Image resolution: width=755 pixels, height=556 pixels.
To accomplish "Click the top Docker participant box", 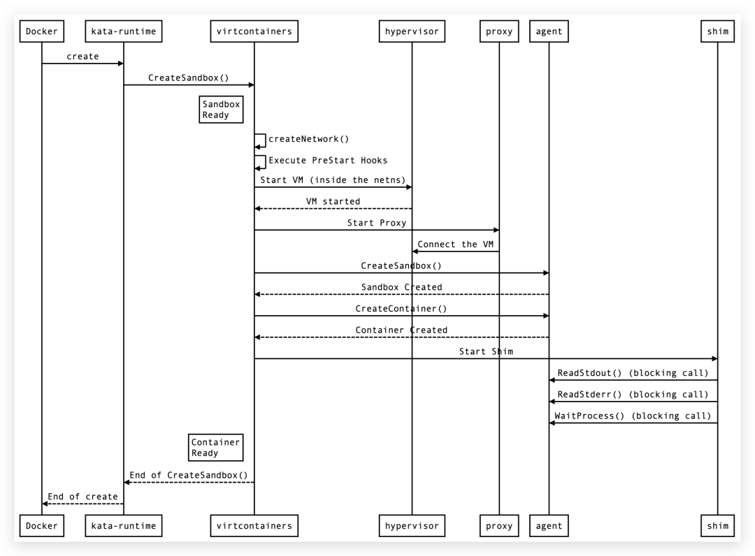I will coord(41,31).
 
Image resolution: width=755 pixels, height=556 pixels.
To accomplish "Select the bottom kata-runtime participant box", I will coord(124,525).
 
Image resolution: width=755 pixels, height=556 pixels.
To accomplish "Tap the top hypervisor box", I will coord(412,31).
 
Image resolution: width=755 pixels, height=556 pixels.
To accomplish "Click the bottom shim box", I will coord(717,525).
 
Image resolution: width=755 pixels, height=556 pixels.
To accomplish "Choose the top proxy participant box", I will coord(499,31).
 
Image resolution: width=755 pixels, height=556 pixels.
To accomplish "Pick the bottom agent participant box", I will coord(549,525).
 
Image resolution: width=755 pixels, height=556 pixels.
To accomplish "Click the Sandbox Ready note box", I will coord(221,110).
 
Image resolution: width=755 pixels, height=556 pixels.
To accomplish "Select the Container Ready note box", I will coord(215,447).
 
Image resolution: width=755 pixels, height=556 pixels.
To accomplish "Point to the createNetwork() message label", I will coord(308,139).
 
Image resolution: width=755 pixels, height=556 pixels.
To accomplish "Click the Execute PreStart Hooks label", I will coord(328,160).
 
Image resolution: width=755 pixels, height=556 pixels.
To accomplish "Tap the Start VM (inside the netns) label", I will coord(333,180).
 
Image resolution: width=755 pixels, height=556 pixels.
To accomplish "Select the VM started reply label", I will coord(333,201).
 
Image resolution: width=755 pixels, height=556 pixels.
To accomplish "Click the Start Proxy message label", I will coord(376,223).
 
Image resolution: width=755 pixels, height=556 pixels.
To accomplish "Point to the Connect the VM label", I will coord(455,244).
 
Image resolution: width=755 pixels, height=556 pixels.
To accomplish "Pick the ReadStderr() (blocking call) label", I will coord(633,395).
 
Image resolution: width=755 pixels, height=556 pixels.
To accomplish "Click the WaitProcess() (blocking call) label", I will coord(633,416).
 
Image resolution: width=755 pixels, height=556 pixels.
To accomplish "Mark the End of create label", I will coord(82,497).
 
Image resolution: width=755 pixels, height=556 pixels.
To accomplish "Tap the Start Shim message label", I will coord(486,351).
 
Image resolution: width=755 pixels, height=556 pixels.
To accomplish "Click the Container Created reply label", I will coord(401,330).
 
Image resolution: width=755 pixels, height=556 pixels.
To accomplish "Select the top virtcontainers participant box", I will coord(254,31).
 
